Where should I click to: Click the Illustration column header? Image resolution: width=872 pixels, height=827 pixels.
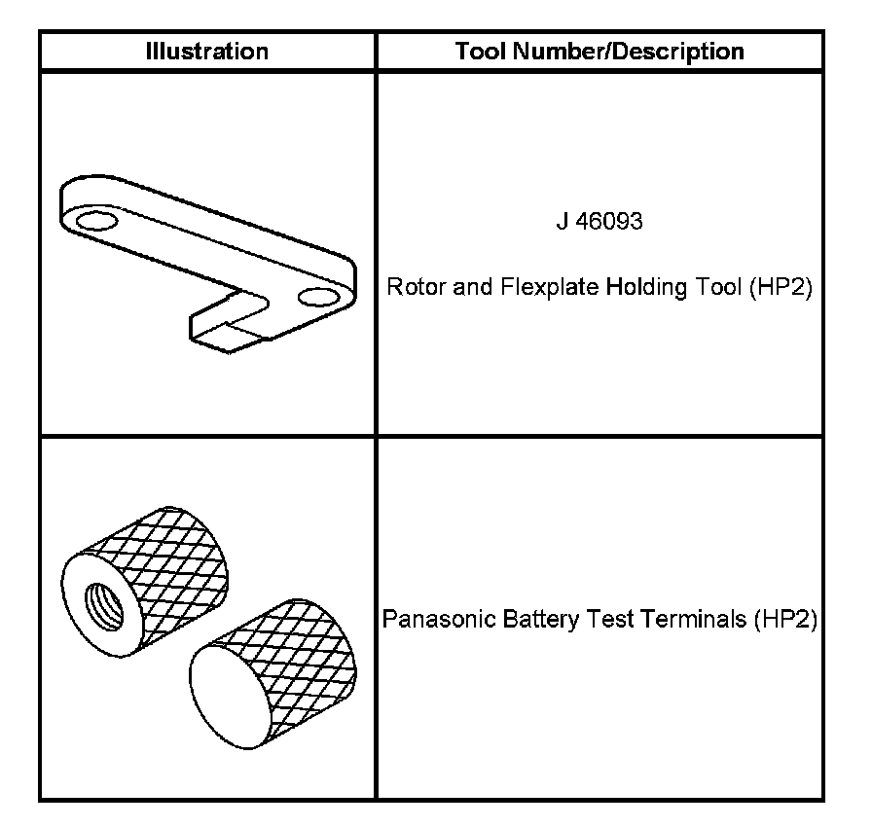pyautogui.click(x=206, y=52)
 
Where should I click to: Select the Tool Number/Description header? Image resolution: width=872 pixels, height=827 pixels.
pyautogui.click(x=599, y=52)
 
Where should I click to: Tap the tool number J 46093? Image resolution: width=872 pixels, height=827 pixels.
pyautogui.click(x=599, y=223)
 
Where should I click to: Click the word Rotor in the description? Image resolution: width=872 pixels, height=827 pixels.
pyautogui.click(x=411, y=289)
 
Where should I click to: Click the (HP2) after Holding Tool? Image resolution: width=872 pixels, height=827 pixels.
pyautogui.click(x=781, y=289)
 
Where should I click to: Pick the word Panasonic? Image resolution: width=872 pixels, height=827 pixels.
pyautogui.click(x=427, y=620)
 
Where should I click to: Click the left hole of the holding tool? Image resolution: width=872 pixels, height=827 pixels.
pyautogui.click(x=95, y=223)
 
